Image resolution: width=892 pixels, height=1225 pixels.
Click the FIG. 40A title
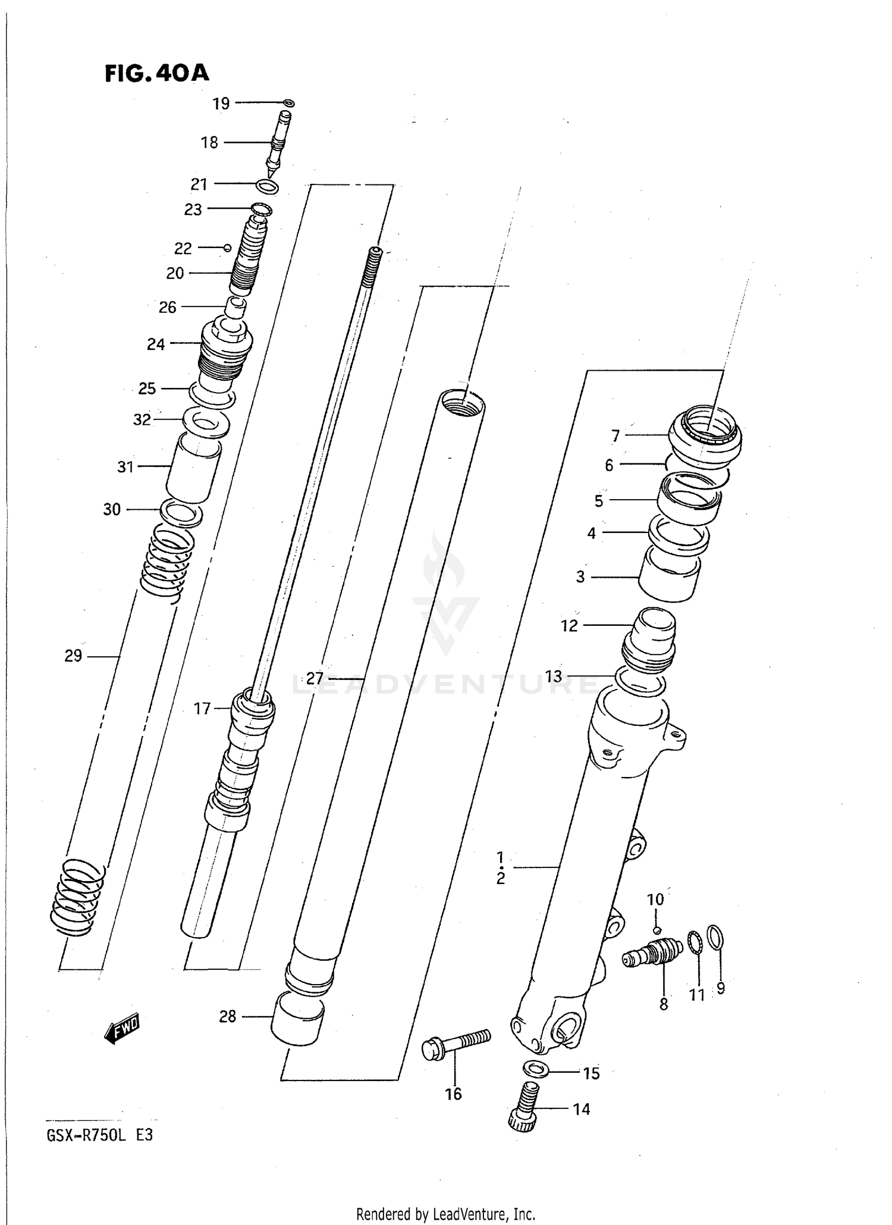coord(157,73)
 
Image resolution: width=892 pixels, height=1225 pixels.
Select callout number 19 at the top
coord(221,104)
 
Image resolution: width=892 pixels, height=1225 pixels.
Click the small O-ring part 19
coord(289,104)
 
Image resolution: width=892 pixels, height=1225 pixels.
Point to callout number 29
coord(73,656)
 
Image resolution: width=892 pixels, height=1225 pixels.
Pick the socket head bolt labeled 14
coord(524,1105)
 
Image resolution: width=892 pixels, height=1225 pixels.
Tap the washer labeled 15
coord(536,1069)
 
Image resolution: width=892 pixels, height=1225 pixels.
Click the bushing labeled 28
coord(297,1021)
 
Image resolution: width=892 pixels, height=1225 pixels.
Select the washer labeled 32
coord(206,423)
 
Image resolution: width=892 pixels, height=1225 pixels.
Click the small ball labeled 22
coord(227,247)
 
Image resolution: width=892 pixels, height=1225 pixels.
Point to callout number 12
coord(569,625)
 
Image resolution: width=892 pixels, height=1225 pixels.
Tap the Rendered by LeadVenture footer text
coord(445,1214)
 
